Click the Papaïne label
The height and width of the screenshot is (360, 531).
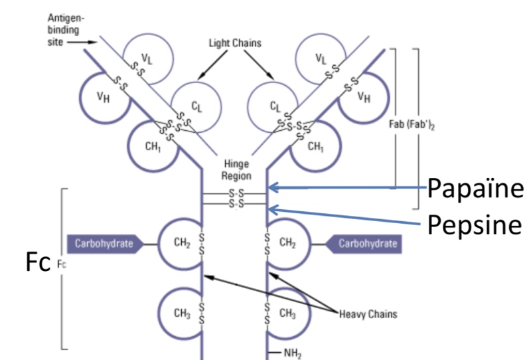(477, 189)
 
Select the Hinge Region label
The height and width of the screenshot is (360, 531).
(236, 170)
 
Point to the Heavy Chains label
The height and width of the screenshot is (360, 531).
(368, 314)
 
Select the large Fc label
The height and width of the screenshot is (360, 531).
(37, 263)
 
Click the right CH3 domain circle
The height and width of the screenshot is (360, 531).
(287, 312)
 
